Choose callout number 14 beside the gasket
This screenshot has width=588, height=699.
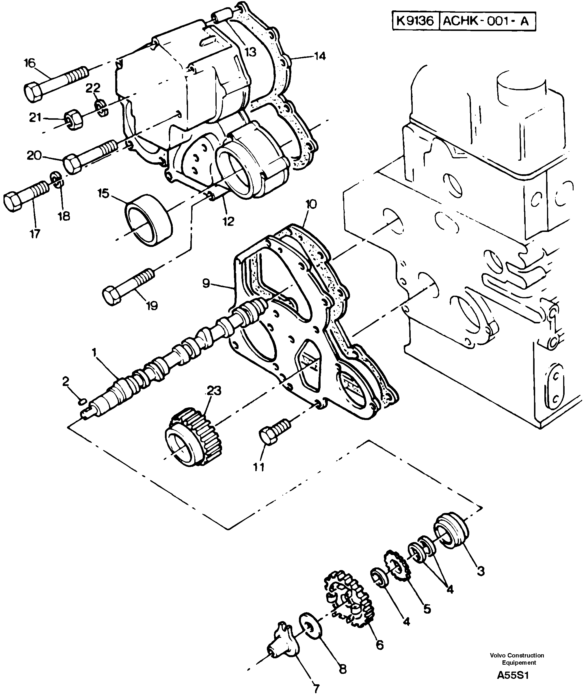click(x=319, y=56)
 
